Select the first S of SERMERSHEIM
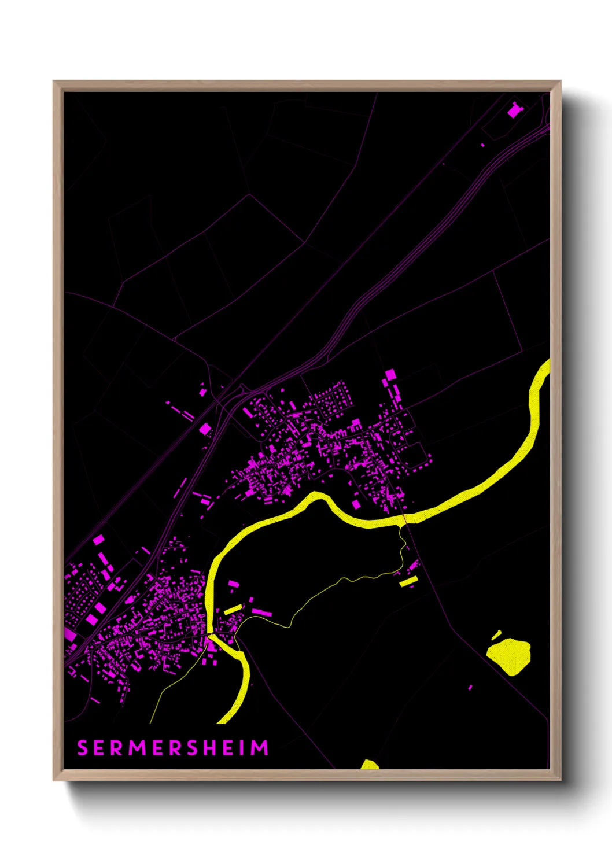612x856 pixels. pyautogui.click(x=82, y=748)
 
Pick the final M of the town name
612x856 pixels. pyautogui.click(x=260, y=748)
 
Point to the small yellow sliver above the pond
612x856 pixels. pyautogui.click(x=496, y=635)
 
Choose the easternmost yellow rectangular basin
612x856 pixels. pyautogui.click(x=408, y=581)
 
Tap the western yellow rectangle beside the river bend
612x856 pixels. pyautogui.click(x=233, y=609)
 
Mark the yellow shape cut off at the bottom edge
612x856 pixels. pyautogui.click(x=369, y=765)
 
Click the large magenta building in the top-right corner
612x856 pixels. pyautogui.click(x=514, y=110)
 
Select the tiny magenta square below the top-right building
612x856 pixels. pyautogui.click(x=483, y=145)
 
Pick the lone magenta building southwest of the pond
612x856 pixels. pyautogui.click(x=470, y=687)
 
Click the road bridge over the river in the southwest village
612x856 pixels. pyautogui.click(x=209, y=636)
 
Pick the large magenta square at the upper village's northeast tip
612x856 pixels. pyautogui.click(x=390, y=375)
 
